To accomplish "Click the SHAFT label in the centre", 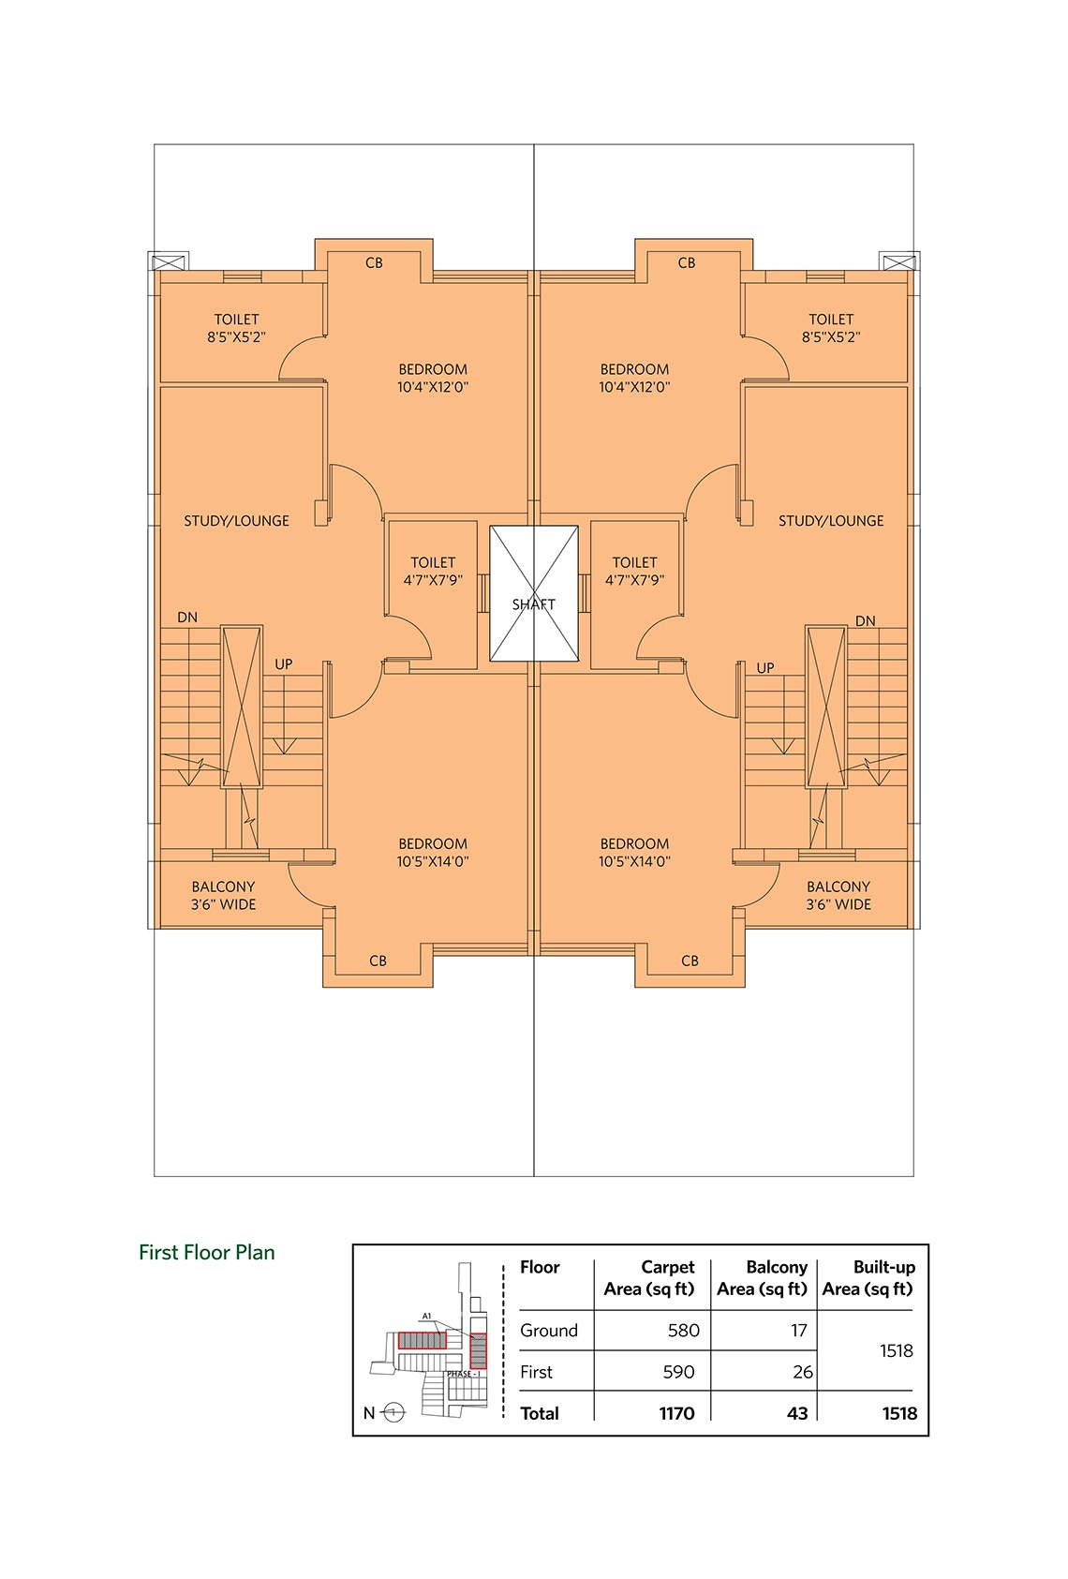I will click(534, 604).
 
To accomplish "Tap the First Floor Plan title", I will click(207, 1253).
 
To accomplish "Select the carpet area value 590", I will click(678, 1372).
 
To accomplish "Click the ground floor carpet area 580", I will click(683, 1331).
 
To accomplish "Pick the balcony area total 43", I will click(797, 1413).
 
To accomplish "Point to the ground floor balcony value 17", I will click(798, 1331).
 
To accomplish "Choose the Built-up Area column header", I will click(868, 1277).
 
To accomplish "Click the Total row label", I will click(540, 1413).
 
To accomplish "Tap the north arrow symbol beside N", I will click(394, 1412).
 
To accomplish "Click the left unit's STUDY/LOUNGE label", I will click(236, 521).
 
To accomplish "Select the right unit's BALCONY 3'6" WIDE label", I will click(838, 895).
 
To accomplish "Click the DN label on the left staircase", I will click(187, 618).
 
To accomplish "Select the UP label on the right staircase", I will click(765, 668).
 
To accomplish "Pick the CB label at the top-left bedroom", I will click(374, 263).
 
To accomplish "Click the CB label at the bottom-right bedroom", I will click(690, 961).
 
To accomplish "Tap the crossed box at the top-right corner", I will click(897, 261).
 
